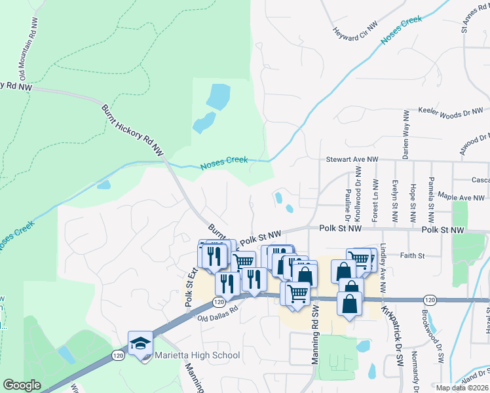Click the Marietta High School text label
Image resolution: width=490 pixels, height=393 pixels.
tap(197, 356)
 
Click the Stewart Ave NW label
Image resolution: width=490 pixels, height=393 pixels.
tap(353, 159)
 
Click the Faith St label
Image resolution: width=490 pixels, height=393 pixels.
tap(412, 255)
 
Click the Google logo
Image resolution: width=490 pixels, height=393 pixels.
tap(22, 385)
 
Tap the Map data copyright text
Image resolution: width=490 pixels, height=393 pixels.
tap(462, 388)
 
